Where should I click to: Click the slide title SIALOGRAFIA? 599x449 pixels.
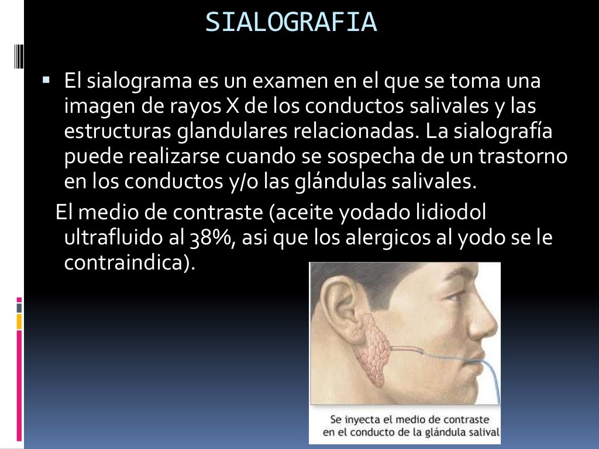click(291, 22)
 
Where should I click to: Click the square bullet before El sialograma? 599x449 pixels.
click(46, 77)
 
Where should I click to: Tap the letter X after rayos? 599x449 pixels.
click(230, 106)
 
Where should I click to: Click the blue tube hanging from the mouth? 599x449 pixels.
click(492, 386)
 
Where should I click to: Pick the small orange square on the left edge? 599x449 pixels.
click(19, 321)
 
